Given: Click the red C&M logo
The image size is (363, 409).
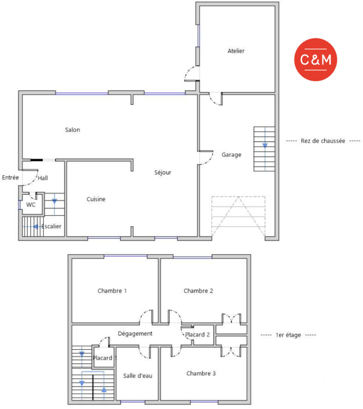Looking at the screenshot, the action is click(x=316, y=60).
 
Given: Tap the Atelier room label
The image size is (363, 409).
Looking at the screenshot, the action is click(x=236, y=51).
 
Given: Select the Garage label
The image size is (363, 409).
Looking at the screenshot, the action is click(x=231, y=155).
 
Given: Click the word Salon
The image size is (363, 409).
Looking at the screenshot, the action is click(x=72, y=130).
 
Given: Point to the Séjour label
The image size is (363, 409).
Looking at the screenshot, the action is click(x=163, y=172).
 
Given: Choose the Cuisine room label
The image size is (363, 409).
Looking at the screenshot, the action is click(x=96, y=199).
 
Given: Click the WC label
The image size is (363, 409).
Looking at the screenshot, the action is click(x=31, y=205).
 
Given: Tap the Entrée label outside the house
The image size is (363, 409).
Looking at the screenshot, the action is click(x=11, y=177).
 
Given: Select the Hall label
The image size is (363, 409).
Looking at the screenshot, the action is click(x=43, y=178).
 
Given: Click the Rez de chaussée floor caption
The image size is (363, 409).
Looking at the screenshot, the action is click(x=323, y=141).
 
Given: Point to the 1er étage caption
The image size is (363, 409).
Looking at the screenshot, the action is click(x=288, y=335).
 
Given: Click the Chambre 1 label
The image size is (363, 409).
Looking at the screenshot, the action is click(x=112, y=290).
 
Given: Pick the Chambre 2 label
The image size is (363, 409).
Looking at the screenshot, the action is click(x=199, y=290).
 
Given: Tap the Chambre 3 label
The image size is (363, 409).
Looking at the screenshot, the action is click(x=201, y=373).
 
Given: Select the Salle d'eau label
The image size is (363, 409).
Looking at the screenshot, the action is click(x=138, y=376).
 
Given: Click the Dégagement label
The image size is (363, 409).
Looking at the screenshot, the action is click(x=135, y=334).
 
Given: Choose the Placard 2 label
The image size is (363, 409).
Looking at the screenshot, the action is click(x=197, y=335).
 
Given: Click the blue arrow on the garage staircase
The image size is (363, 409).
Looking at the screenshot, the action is click(x=265, y=145).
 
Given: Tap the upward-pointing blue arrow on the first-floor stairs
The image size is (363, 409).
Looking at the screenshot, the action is click(x=104, y=389).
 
